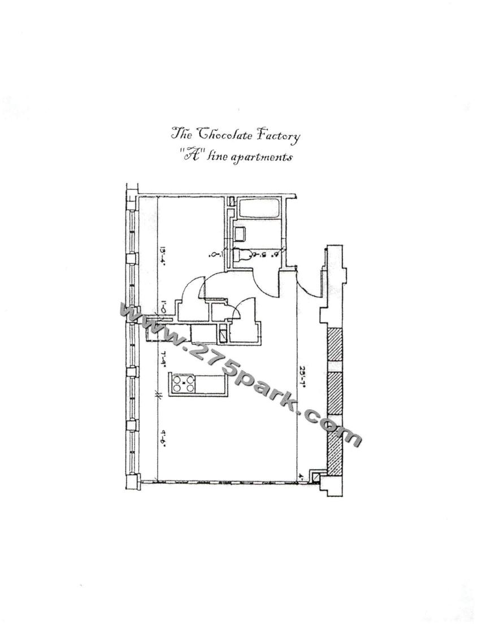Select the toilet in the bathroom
click(242, 255)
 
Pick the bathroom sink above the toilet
click(239, 232)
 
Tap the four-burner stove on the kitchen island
click(184, 384)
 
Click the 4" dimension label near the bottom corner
click(302, 476)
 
